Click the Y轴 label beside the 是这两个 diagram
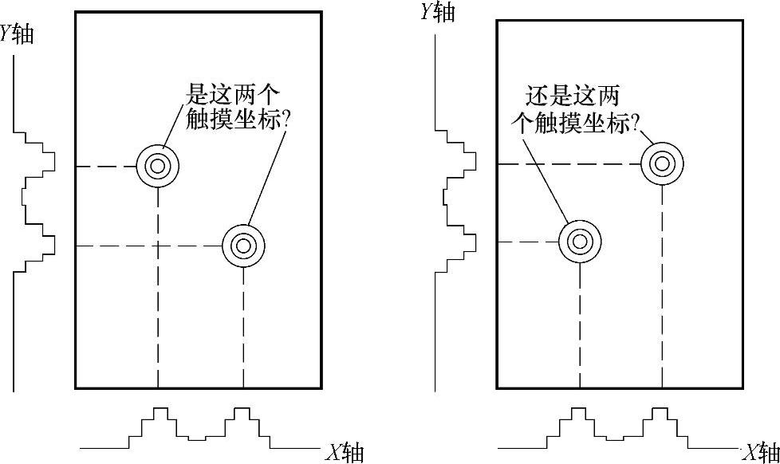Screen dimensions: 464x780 click(x=18, y=34)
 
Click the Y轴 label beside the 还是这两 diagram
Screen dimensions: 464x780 click(x=437, y=12)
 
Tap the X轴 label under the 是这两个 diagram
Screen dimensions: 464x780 click(x=345, y=452)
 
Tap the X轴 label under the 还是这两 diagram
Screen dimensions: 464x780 click(x=760, y=452)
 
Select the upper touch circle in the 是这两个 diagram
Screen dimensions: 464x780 click(x=158, y=166)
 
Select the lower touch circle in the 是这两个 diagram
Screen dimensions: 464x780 click(x=242, y=246)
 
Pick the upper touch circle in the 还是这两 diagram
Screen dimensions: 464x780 click(x=662, y=164)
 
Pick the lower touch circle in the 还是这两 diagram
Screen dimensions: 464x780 click(x=579, y=241)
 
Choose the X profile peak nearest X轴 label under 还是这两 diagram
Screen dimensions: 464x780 click(x=659, y=412)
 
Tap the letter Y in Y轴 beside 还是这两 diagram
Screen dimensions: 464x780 click(x=426, y=12)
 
